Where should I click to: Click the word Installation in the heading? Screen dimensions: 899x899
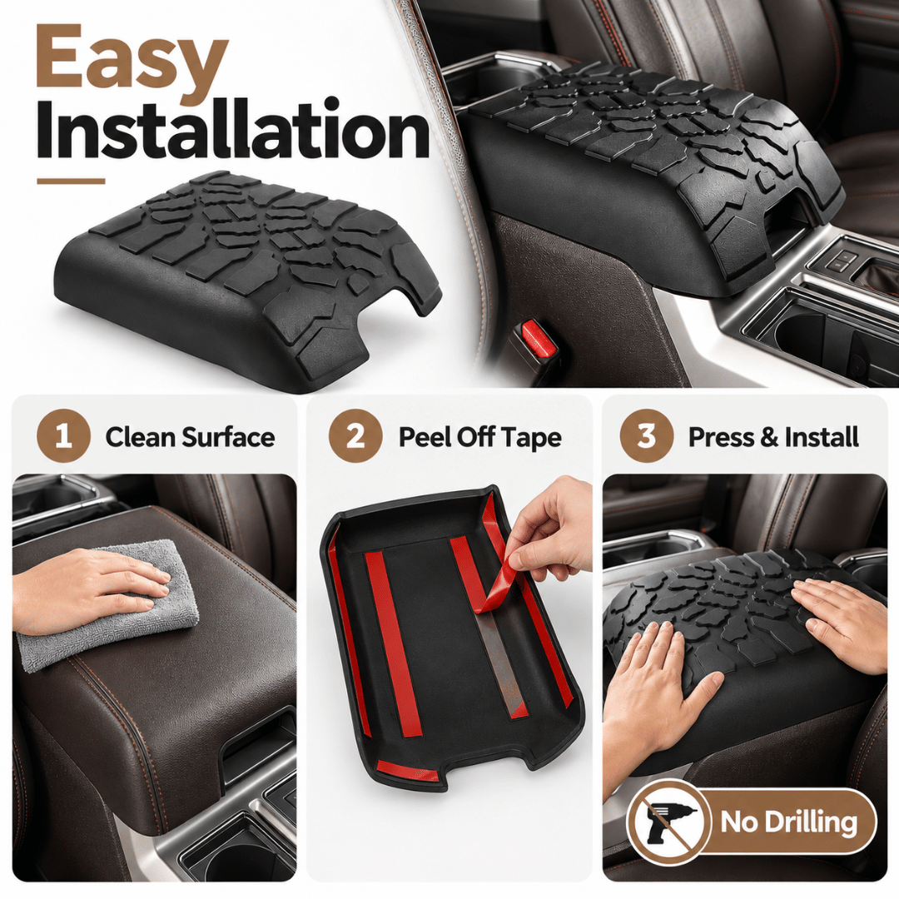click(233, 131)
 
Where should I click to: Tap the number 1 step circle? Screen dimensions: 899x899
click(63, 436)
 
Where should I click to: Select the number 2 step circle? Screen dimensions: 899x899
click(355, 436)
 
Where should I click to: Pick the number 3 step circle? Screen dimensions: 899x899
click(646, 436)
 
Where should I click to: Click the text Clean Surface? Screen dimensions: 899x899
click(190, 437)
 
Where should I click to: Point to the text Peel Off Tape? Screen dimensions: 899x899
click(480, 438)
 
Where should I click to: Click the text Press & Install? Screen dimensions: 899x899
click(773, 437)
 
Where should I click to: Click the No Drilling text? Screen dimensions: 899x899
click(789, 822)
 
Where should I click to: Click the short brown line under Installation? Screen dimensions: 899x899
click(71, 181)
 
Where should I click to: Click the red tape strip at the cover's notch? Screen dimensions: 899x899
click(408, 771)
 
